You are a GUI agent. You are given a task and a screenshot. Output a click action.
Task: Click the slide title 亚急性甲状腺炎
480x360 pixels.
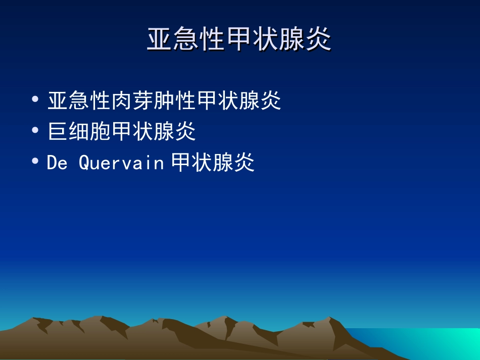click(x=239, y=40)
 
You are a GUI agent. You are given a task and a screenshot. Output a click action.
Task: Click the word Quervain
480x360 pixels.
click(x=122, y=163)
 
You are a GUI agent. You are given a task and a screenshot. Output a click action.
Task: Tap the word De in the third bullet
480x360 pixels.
click(x=57, y=163)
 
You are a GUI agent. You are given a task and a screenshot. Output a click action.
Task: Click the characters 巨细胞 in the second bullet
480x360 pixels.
click(x=79, y=132)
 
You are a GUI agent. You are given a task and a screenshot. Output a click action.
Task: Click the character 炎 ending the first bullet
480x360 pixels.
click(x=271, y=101)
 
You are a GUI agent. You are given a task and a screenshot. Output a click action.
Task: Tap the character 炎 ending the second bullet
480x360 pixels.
click(x=185, y=132)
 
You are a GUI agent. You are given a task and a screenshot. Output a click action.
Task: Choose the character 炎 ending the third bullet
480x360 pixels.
click(x=244, y=163)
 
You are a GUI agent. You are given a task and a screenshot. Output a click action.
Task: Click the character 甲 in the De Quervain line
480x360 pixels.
click(x=181, y=163)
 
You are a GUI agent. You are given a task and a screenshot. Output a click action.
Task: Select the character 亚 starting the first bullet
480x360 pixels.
click(x=58, y=101)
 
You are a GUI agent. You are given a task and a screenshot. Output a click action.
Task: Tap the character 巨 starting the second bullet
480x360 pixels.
click(x=58, y=132)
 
